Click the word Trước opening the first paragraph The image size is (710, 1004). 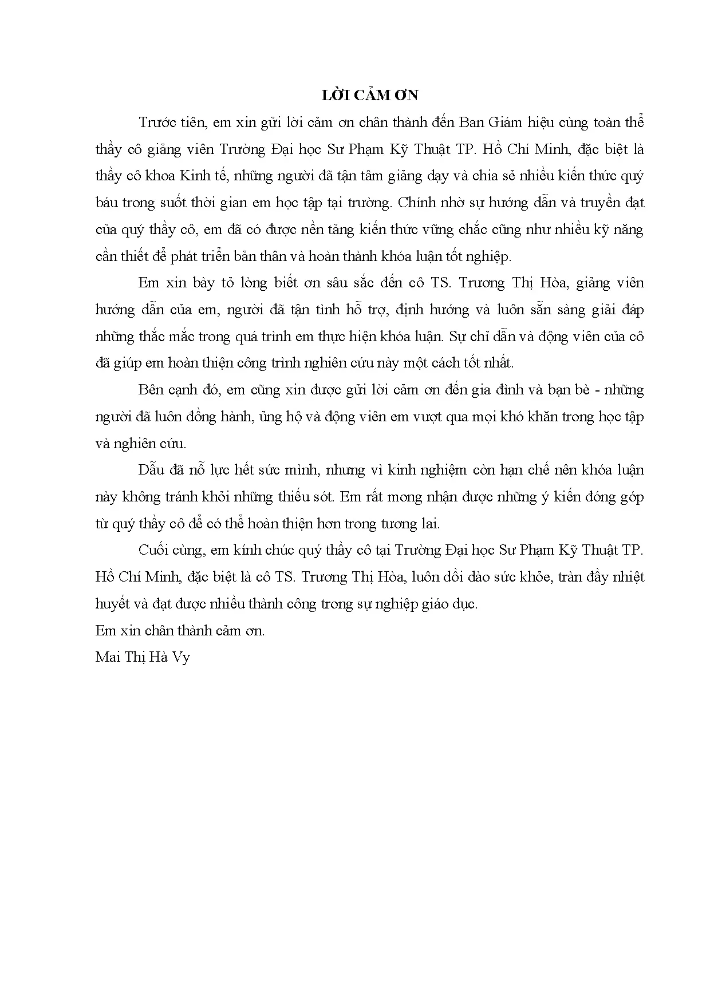(x=156, y=122)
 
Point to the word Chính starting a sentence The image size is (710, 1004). (x=416, y=203)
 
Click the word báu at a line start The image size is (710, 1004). (x=106, y=203)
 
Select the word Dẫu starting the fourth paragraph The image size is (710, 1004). (x=152, y=470)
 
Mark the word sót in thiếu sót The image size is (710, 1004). (x=322, y=496)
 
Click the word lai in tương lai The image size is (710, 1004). (x=429, y=523)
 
